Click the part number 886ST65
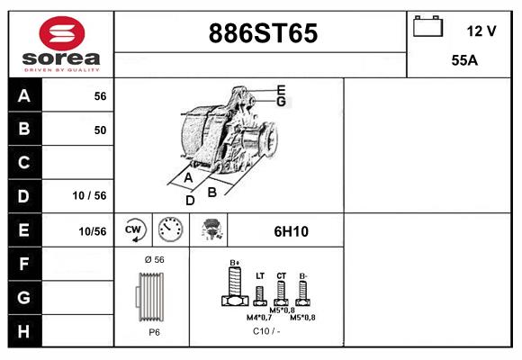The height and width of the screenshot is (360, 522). click(x=263, y=33)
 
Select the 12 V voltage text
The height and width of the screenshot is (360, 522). click(x=481, y=31)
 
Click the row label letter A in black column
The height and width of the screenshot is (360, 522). click(x=24, y=96)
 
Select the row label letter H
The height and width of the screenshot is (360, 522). click(x=24, y=330)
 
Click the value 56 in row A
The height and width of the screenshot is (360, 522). click(x=100, y=96)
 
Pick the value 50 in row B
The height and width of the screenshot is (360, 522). click(x=100, y=130)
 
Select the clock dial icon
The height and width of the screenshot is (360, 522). click(x=170, y=229)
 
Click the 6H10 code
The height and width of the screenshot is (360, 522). click(x=291, y=231)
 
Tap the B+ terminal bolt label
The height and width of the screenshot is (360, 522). click(x=236, y=263)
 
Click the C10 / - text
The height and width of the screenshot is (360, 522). click(x=265, y=331)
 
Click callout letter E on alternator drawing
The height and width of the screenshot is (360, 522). click(x=281, y=90)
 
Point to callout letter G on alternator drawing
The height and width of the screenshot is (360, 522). click(x=281, y=102)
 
